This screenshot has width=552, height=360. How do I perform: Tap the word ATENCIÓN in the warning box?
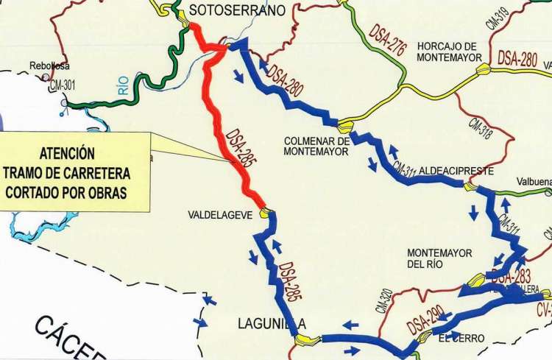[x=67, y=154]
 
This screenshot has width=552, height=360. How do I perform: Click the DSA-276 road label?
[x=389, y=38]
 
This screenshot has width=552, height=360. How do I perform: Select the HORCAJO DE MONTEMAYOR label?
[x=447, y=52]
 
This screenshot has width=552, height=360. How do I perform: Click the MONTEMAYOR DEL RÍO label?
[x=439, y=258]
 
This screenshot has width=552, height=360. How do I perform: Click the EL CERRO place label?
[x=461, y=338]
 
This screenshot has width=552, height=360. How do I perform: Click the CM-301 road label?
[x=63, y=87]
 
